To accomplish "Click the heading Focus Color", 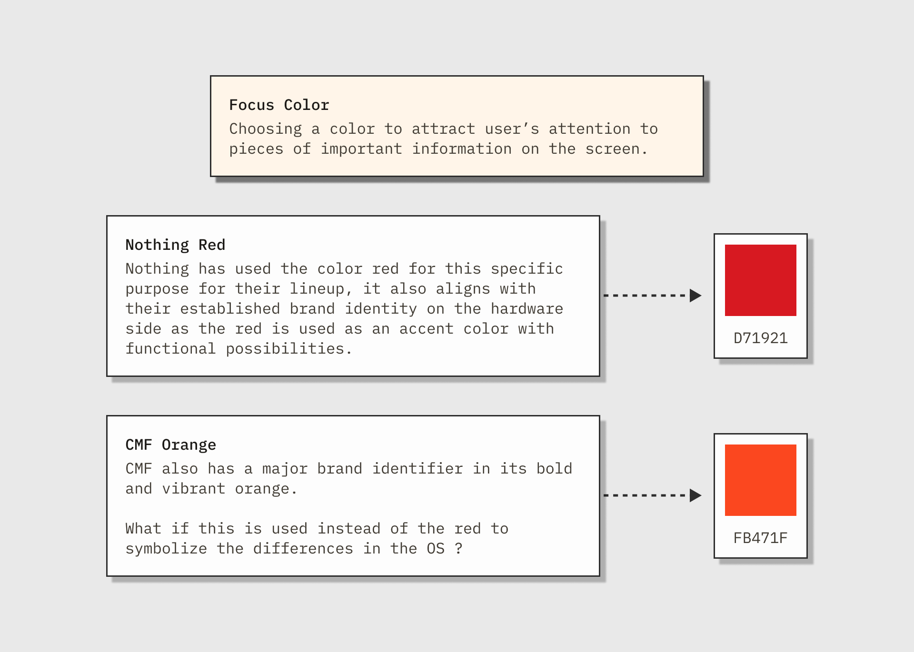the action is click(x=279, y=105).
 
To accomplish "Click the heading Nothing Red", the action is click(x=175, y=245).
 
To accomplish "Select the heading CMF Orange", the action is click(x=171, y=445).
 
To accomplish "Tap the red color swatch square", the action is click(x=760, y=280).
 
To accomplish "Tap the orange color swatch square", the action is click(x=760, y=480).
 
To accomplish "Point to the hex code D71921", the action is click(x=760, y=338).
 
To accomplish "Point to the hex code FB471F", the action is click(x=760, y=538).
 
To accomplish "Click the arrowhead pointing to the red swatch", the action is click(x=695, y=296).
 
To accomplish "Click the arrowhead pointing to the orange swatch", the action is click(x=695, y=495).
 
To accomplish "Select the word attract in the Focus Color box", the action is click(x=443, y=129).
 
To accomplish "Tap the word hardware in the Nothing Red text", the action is click(x=527, y=309).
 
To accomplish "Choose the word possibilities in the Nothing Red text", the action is click(x=285, y=349).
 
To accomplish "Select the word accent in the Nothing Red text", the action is click(x=426, y=329).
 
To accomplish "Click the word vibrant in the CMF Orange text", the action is click(x=194, y=489).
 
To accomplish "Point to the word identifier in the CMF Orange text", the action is click(x=417, y=469).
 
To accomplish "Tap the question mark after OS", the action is click(x=458, y=549).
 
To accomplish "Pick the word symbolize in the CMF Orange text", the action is click(x=166, y=549).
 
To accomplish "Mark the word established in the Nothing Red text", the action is click(x=230, y=309).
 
